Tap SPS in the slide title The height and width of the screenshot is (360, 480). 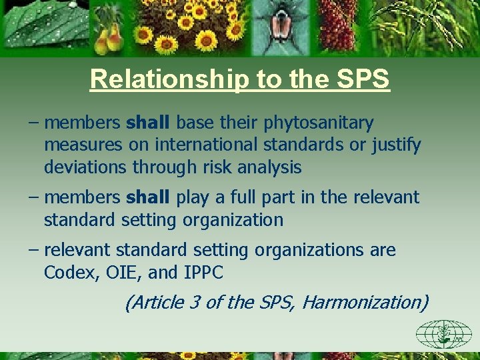(x=363, y=79)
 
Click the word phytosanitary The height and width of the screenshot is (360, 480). (x=319, y=123)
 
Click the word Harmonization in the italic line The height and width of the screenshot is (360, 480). (x=364, y=303)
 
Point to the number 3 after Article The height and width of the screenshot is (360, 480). (x=195, y=303)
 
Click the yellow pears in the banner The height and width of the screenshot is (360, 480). (x=109, y=41)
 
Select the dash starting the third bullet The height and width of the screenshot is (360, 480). (x=34, y=251)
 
